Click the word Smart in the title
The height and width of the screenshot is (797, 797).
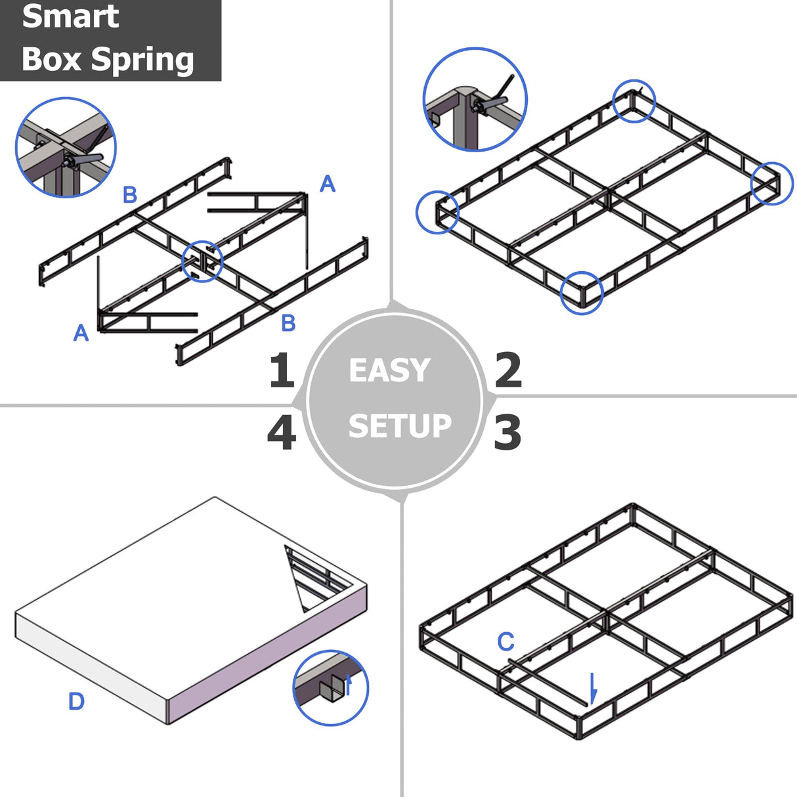pyautogui.click(x=70, y=17)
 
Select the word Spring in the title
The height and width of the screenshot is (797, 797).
pyautogui.click(x=142, y=60)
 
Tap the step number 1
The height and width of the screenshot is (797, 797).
pyautogui.click(x=282, y=370)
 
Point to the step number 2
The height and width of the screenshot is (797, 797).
pyautogui.click(x=507, y=370)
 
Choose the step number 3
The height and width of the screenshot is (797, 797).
pyautogui.click(x=507, y=433)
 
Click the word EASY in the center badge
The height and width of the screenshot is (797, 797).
pyautogui.click(x=389, y=370)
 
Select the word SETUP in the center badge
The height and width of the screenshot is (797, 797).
pyautogui.click(x=400, y=426)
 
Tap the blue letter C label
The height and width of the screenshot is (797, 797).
pyautogui.click(x=506, y=641)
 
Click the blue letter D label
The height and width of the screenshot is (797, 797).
pyautogui.click(x=76, y=701)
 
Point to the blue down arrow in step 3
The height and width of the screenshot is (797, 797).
pyautogui.click(x=593, y=688)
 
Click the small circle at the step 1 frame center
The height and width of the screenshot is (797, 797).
pyautogui.click(x=202, y=261)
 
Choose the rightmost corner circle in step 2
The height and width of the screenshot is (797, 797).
pyautogui.click(x=772, y=183)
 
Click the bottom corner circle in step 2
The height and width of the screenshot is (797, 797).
pyautogui.click(x=582, y=293)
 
